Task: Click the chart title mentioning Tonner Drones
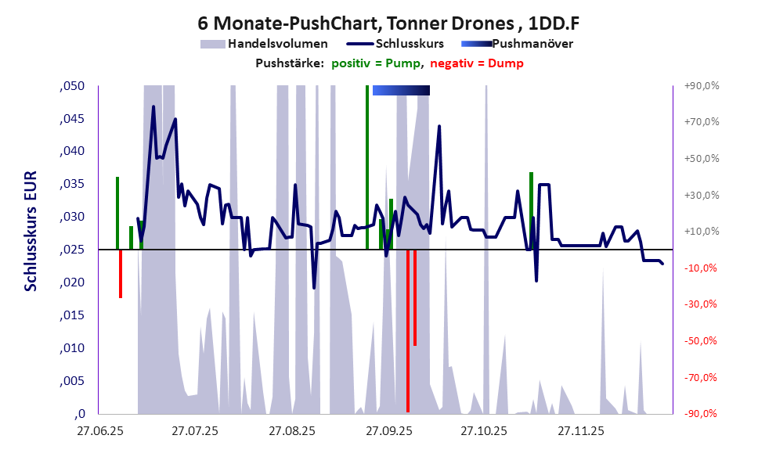tap(388, 23)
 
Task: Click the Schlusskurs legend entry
tap(411, 44)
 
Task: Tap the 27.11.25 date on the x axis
tap(580, 431)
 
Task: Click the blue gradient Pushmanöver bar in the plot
tap(401, 91)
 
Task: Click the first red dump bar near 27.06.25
tap(121, 274)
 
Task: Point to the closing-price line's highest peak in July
tap(153, 106)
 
